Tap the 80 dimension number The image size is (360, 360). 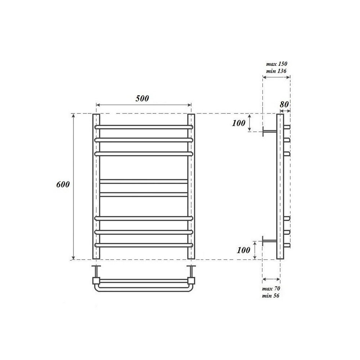click(x=284, y=104)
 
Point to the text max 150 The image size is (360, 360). click(x=276, y=64)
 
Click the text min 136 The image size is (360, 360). click(x=276, y=71)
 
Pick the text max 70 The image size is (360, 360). click(x=271, y=289)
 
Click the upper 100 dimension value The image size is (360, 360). click(x=239, y=123)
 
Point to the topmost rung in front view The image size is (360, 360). click(x=144, y=127)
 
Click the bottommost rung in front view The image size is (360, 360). click(x=144, y=245)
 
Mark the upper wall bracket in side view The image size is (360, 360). click(x=269, y=131)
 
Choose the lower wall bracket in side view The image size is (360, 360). click(x=269, y=241)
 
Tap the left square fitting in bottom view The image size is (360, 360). click(x=96, y=280)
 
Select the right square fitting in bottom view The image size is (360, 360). click(x=191, y=280)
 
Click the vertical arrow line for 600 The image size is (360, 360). click(x=74, y=216)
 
